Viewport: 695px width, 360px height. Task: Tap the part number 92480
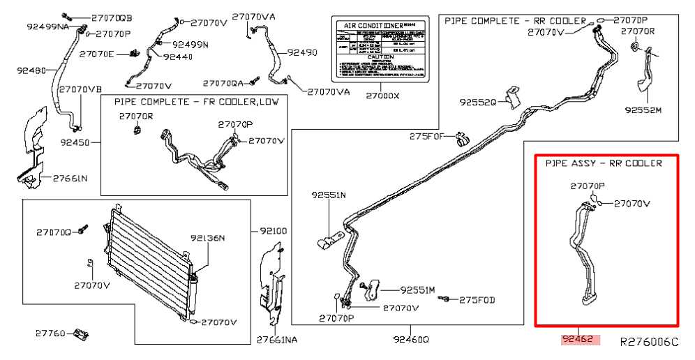click(31, 70)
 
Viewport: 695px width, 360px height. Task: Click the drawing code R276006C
click(649, 342)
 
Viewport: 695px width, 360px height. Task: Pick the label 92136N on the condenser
click(207, 239)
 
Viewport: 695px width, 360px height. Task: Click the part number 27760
click(50, 333)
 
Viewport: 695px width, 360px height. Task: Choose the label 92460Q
click(411, 340)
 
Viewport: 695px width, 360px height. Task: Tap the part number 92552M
click(643, 110)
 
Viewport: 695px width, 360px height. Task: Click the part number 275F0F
click(426, 136)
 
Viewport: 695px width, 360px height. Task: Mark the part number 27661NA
click(276, 340)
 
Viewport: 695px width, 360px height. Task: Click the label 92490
click(302, 52)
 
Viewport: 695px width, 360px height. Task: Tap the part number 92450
click(75, 141)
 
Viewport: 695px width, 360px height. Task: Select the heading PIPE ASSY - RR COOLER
click(604, 163)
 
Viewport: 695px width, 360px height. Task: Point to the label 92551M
click(417, 289)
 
